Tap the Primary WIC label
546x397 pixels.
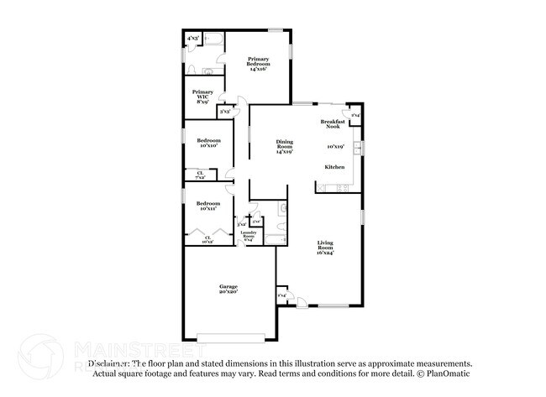pos(202,96)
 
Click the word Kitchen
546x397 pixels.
pos(335,168)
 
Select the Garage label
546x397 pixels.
pos(228,289)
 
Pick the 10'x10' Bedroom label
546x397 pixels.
pos(208,143)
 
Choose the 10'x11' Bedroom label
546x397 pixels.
pos(208,206)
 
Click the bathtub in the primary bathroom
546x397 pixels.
pos(213,39)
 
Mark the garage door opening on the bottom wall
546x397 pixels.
pos(231,338)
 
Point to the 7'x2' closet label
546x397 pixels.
pos(201,175)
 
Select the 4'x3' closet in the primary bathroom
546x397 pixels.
pos(193,38)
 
